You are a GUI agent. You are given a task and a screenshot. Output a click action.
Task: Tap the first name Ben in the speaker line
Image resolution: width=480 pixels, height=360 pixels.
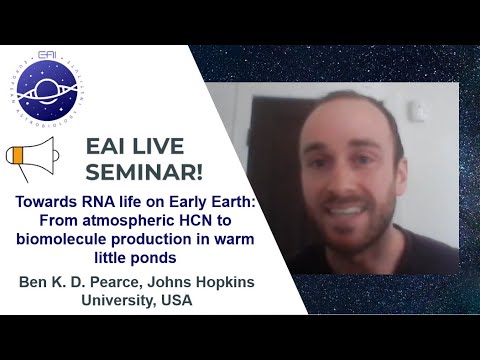pyautogui.click(x=35, y=282)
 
